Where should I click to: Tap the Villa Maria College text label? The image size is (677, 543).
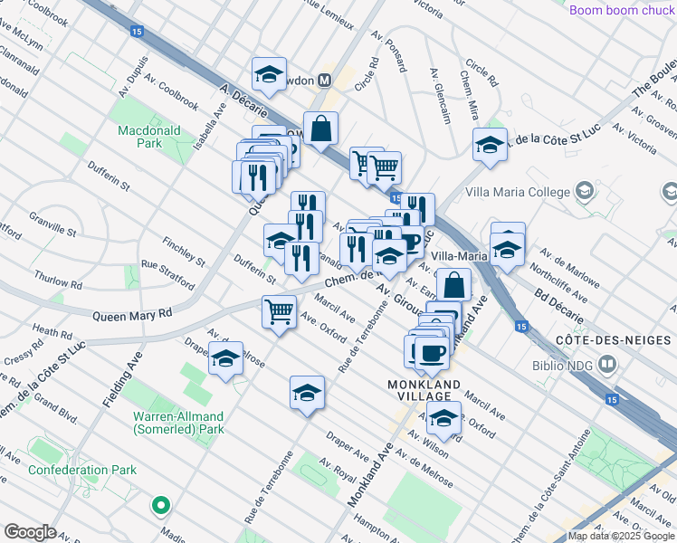click(518, 192)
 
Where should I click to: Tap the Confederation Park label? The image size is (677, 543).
click(82, 470)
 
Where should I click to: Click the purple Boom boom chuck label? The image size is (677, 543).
click(622, 10)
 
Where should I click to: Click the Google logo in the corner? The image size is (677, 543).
click(30, 532)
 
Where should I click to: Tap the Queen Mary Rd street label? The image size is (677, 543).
click(132, 315)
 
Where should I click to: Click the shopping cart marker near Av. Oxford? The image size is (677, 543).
click(279, 312)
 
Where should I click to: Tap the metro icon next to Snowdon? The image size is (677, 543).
click(322, 81)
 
